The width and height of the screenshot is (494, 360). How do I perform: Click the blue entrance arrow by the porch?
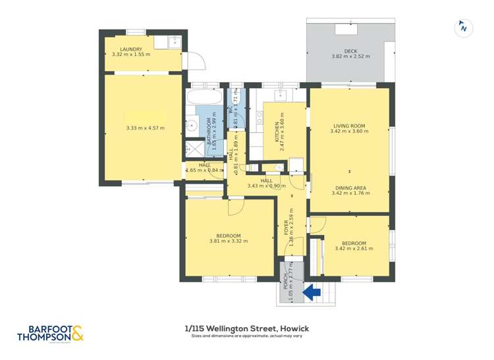(310, 290)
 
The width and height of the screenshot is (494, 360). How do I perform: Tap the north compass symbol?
(464, 28)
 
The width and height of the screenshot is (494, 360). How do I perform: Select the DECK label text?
(350, 51)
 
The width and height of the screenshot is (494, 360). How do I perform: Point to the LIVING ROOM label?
(349, 126)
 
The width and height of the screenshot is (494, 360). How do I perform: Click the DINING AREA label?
(350, 188)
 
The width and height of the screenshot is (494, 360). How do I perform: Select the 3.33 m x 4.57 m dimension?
(145, 128)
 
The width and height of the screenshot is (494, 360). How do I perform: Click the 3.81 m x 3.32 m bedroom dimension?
(228, 241)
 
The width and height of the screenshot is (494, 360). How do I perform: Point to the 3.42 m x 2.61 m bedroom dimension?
(354, 248)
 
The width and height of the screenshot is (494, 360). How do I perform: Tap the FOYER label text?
(286, 227)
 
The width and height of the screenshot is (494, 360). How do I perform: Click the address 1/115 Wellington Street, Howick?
(247, 328)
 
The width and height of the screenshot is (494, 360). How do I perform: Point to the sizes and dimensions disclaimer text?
(247, 336)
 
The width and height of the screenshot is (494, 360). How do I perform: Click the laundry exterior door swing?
(195, 61)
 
